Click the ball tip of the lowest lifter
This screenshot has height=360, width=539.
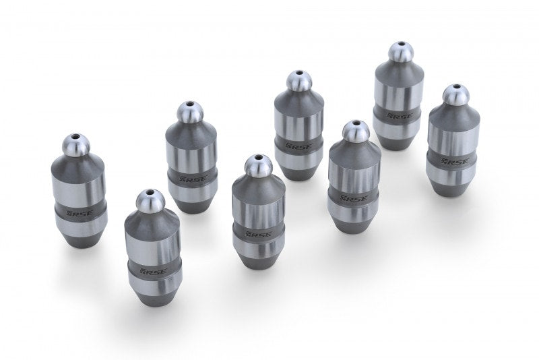[x=150, y=200]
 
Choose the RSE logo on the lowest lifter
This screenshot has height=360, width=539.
[x=150, y=273]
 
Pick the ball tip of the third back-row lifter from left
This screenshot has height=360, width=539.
[x=297, y=82]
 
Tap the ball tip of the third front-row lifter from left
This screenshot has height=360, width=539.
[x=355, y=131]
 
